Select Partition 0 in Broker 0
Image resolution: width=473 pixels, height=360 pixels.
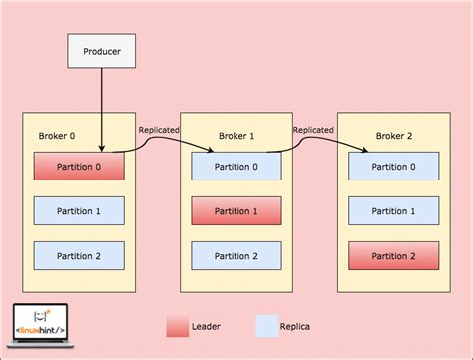pos(79,167)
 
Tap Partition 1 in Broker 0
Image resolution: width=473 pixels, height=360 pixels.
pos(79,211)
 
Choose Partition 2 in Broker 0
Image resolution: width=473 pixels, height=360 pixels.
pos(79,256)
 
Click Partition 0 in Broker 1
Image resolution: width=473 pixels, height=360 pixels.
pos(236,167)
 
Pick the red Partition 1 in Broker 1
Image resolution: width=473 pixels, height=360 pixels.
pos(236,211)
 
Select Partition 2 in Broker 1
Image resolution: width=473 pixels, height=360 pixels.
pos(236,256)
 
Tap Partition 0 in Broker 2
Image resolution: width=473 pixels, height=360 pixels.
pos(393,167)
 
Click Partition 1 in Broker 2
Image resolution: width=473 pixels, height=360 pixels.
pos(393,211)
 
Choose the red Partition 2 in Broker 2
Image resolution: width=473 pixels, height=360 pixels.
pos(393,256)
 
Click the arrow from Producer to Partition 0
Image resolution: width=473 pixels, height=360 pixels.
pos(102,110)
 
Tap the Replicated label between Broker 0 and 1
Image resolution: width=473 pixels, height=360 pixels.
pos(158,129)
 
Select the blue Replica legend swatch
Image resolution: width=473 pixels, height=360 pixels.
pos(266,326)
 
